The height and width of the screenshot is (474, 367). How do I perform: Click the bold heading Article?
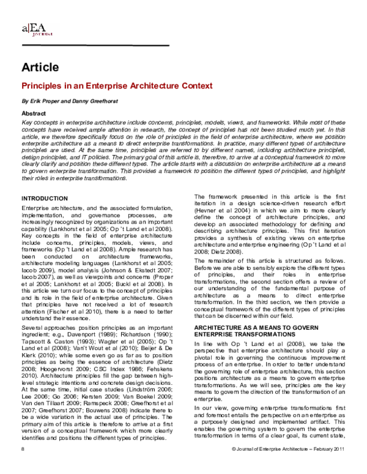click(40, 67)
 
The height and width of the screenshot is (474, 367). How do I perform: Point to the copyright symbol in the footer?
click(235, 466)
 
